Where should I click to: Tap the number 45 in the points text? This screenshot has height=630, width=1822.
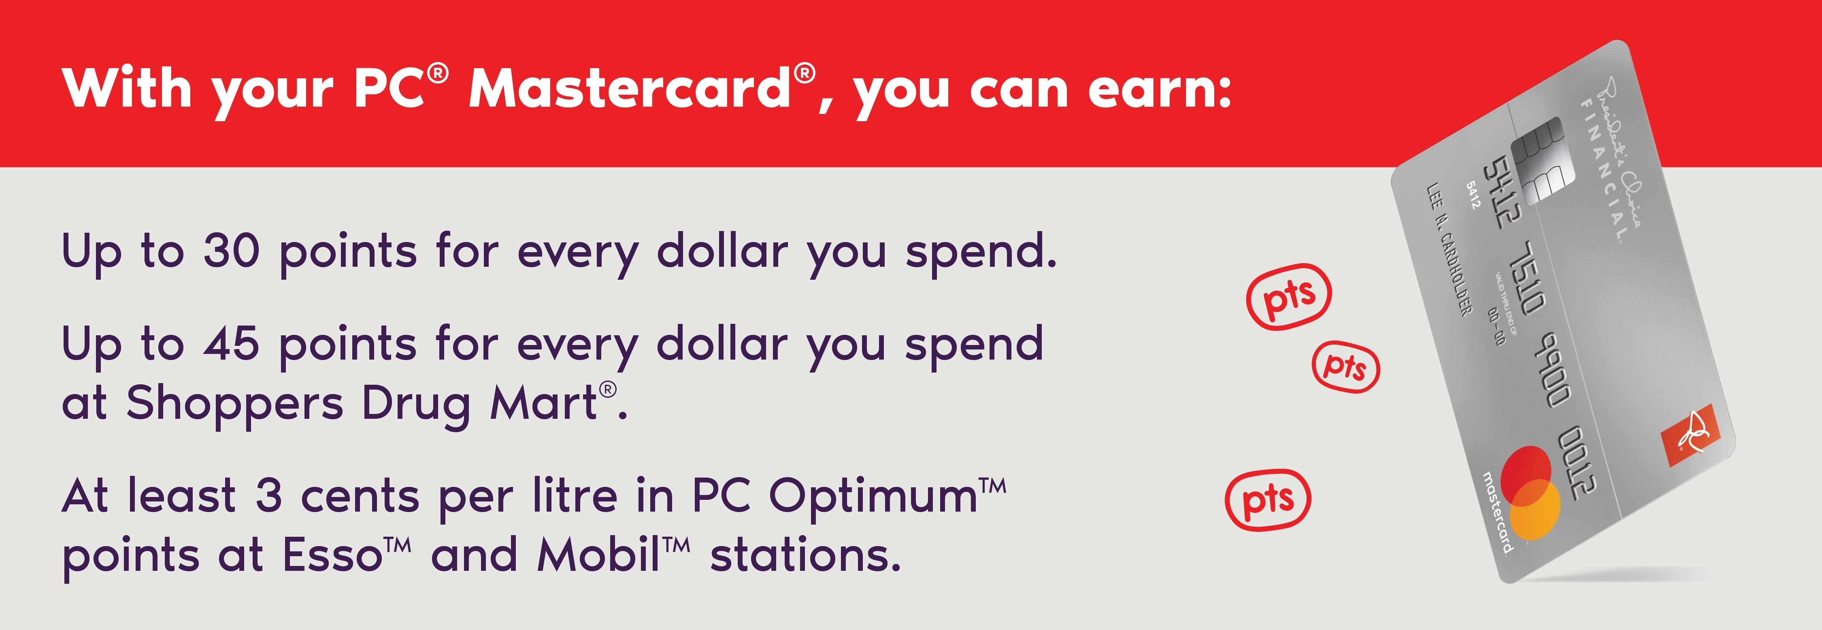(x=231, y=344)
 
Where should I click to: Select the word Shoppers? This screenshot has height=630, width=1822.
(x=235, y=405)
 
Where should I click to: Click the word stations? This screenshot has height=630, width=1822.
(x=806, y=555)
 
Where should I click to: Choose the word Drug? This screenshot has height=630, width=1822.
(x=416, y=405)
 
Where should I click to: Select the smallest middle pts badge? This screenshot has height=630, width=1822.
(x=1346, y=366)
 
